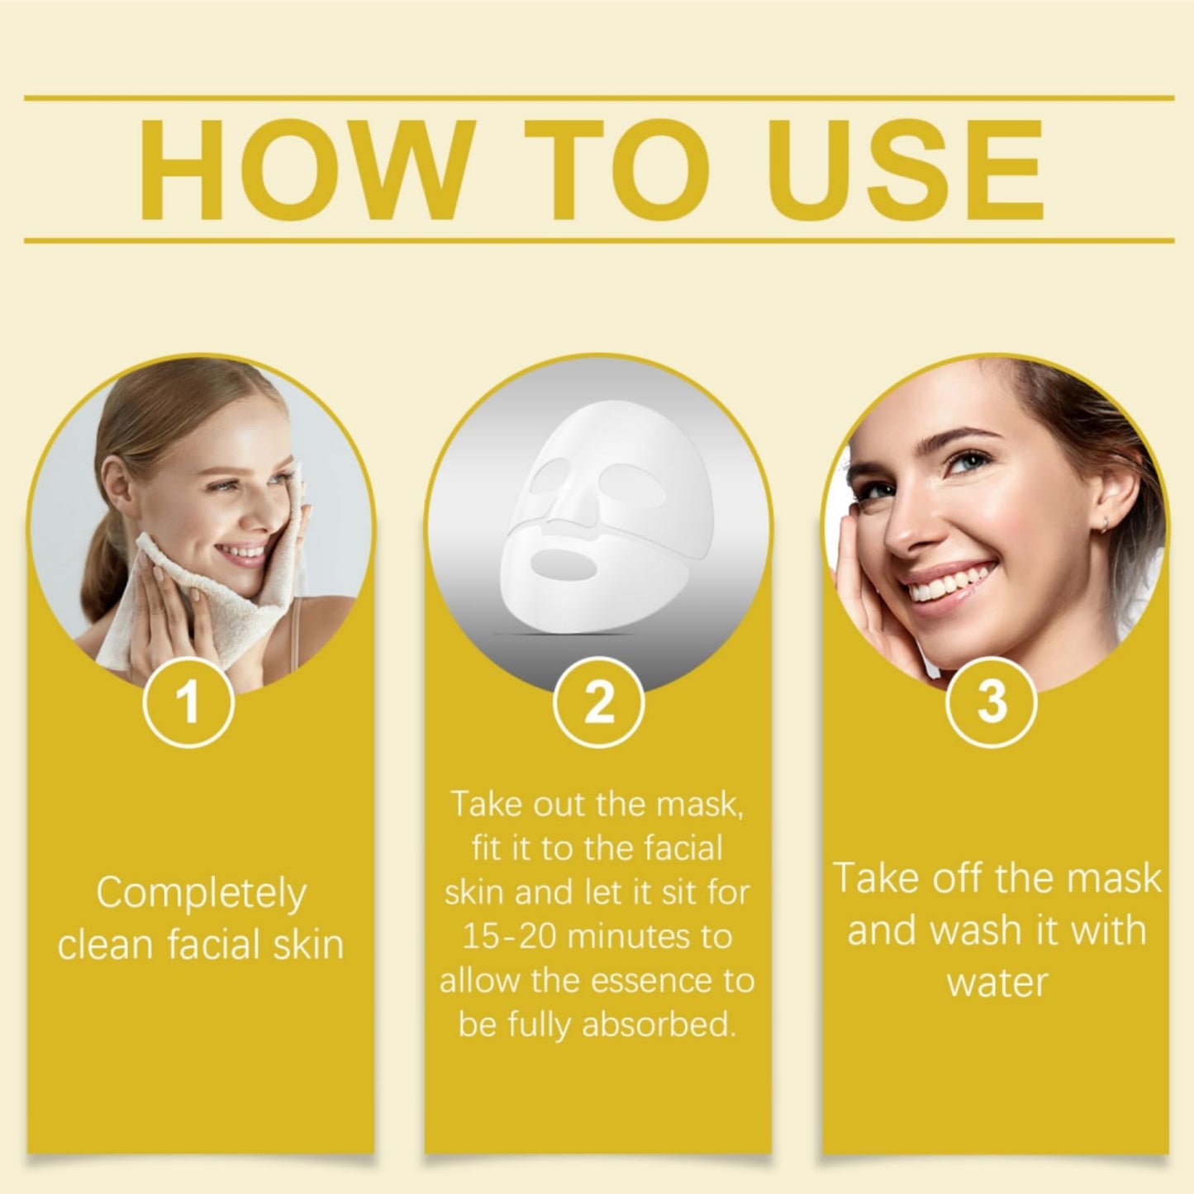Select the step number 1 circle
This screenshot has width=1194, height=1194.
[188, 702]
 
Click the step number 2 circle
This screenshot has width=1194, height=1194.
[598, 702]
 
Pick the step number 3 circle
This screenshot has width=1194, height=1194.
[992, 702]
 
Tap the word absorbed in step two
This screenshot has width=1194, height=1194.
[659, 1025]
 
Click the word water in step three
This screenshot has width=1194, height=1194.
[997, 982]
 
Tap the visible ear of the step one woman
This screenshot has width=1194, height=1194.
[117, 483]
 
